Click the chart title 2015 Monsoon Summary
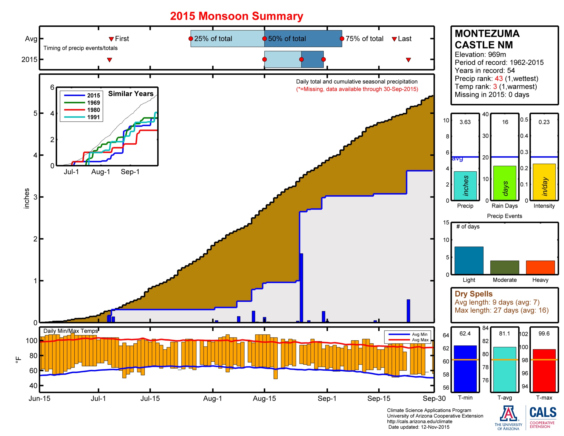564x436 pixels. pyautogui.click(x=236, y=16)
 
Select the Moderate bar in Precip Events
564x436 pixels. pyautogui.click(x=504, y=267)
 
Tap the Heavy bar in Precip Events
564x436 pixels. pyautogui.click(x=540, y=267)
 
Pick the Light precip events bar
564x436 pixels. pyautogui.click(x=469, y=260)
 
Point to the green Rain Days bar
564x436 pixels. pyautogui.click(x=504, y=183)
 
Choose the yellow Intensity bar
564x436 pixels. pyautogui.click(x=544, y=182)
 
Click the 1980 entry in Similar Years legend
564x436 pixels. pyautogui.click(x=93, y=110)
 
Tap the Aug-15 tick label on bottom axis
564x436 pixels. pyautogui.click(x=264, y=398)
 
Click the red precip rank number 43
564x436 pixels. pyautogui.click(x=498, y=78)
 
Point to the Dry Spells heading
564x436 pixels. pyautogui.click(x=473, y=294)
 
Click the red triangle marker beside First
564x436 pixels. pyautogui.click(x=111, y=39)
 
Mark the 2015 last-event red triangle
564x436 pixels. pyautogui.click(x=408, y=60)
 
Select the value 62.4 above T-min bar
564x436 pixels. pyautogui.click(x=465, y=333)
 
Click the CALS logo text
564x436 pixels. pyautogui.click(x=543, y=412)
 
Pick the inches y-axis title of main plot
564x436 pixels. pyautogui.click(x=26, y=198)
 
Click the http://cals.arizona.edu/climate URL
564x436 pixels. pyautogui.click(x=419, y=421)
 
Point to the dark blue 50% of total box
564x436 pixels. pyautogui.click(x=303, y=39)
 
